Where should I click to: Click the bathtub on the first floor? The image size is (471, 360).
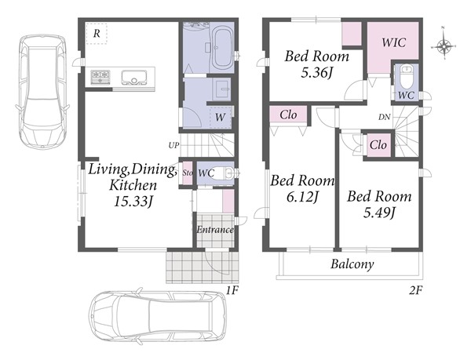[x=222, y=48]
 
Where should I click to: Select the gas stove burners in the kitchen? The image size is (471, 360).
[x=100, y=77]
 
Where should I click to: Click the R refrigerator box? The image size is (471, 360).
[x=97, y=34]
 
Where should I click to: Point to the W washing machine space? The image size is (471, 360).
[x=220, y=118]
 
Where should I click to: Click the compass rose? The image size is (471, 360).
[x=444, y=46]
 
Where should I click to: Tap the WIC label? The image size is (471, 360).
[x=393, y=42]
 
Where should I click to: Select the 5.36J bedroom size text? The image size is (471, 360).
[x=316, y=72]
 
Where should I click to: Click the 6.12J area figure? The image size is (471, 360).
[x=302, y=197]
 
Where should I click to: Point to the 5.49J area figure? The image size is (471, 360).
[x=379, y=213]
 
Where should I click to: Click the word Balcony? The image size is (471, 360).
[x=352, y=264]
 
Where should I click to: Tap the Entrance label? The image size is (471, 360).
[x=215, y=230]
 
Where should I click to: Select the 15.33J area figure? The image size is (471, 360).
[x=133, y=202]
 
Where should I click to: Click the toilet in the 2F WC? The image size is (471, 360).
[x=406, y=76]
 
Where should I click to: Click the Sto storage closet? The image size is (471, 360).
[x=188, y=173]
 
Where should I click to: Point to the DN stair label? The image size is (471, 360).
[x=384, y=117]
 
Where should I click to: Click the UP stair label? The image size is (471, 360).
[x=173, y=146]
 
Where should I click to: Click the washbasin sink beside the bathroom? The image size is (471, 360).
[x=221, y=89]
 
